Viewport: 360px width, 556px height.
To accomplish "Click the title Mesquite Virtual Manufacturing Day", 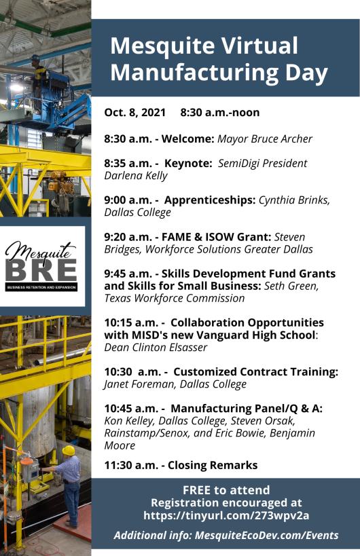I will (219, 58).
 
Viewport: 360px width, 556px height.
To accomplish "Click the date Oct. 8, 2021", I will (134, 113).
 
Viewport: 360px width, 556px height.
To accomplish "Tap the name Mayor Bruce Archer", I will (264, 139).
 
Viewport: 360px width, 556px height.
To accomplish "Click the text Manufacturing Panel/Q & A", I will (246, 408).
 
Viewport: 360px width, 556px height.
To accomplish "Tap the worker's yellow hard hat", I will (69, 450).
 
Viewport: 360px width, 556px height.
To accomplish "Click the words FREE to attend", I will (226, 489).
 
